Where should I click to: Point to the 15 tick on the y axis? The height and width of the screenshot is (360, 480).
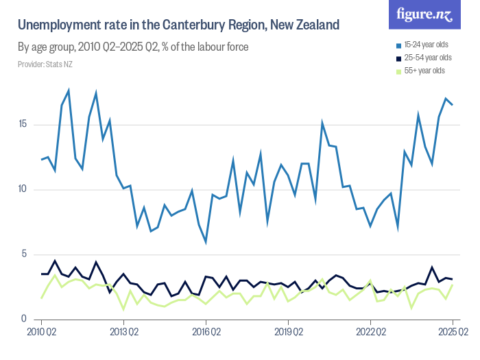pyautogui.click(x=23, y=125)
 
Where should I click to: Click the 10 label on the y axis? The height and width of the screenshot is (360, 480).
pyautogui.click(x=23, y=190)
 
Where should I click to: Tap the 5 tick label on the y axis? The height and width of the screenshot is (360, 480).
pyautogui.click(x=25, y=254)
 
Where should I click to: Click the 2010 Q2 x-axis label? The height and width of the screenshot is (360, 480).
pyautogui.click(x=43, y=332)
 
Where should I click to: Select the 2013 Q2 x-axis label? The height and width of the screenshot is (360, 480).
pyautogui.click(x=124, y=332)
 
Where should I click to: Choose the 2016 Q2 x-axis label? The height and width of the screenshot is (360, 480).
pyautogui.click(x=206, y=332)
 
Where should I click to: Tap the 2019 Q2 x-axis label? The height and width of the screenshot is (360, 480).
pyautogui.click(x=288, y=332)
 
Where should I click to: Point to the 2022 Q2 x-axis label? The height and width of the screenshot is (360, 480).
pyautogui.click(x=370, y=332)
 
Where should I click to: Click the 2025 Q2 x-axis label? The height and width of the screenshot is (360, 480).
pyautogui.click(x=453, y=332)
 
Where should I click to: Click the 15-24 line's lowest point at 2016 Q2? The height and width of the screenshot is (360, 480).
pyautogui.click(x=206, y=242)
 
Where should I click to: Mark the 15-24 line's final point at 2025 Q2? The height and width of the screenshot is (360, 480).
pyautogui.click(x=453, y=105)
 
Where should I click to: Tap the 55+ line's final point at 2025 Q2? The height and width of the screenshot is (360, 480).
pyautogui.click(x=453, y=285)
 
